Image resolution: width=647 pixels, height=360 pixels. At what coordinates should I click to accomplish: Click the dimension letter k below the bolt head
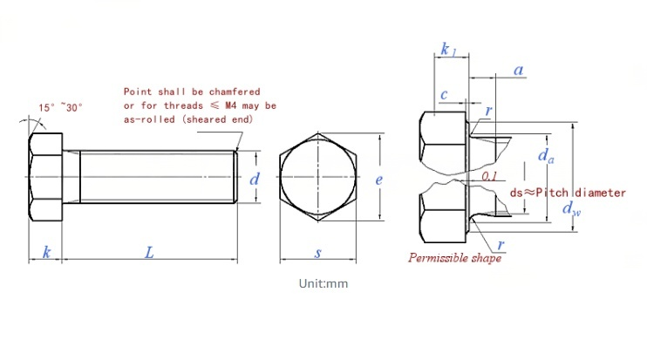pos(46,252)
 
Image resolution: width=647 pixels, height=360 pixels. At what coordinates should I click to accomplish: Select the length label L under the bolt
pos(149,252)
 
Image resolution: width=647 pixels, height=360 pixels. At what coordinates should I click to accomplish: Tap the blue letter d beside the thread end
pos(255,179)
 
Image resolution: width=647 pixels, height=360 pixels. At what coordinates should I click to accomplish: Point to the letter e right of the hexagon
pos(378,180)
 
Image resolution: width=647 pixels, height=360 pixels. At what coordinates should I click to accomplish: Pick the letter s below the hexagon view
pos(317,253)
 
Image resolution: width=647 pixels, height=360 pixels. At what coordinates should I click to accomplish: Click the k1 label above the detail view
pos(448,49)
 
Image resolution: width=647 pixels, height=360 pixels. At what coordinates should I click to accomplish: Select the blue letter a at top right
pos(519,70)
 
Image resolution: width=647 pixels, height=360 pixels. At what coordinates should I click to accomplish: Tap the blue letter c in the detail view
pos(444,94)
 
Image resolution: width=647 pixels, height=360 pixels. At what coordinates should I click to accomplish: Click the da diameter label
pos(546,156)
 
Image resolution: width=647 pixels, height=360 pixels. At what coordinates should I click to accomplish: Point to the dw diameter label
pos(571,208)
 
